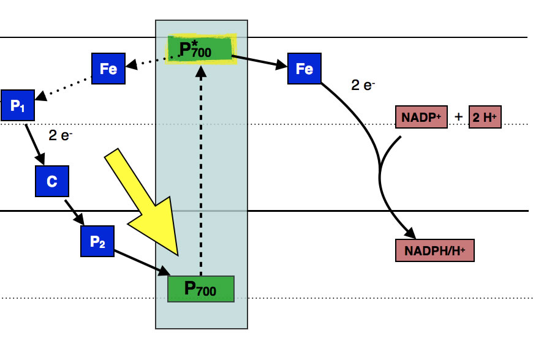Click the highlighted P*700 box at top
point(201,50)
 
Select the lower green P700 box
point(201,288)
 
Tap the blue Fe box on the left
point(108,69)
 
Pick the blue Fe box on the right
point(304,69)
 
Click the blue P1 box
point(18,105)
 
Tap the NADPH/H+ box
point(436,250)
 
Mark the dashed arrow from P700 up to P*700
point(201,171)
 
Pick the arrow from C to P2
point(76,211)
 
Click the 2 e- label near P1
point(61,135)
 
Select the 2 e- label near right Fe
point(363,86)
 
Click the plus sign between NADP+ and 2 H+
point(459,116)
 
